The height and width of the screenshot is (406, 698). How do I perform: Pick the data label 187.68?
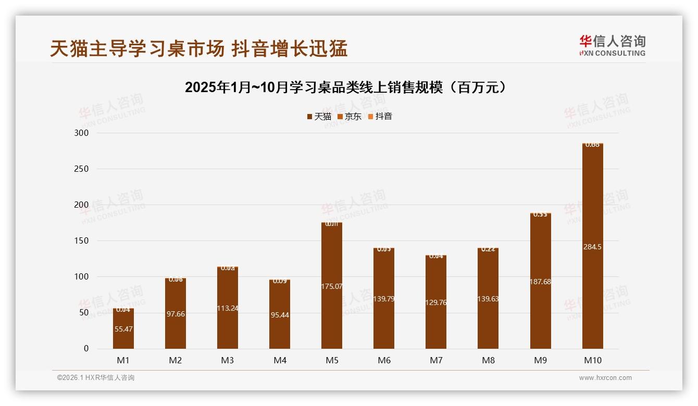(x=540, y=282)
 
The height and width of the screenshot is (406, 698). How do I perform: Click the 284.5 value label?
(x=592, y=247)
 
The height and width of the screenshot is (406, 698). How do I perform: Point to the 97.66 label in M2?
(x=176, y=314)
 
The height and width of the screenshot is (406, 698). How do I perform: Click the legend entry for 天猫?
(x=319, y=117)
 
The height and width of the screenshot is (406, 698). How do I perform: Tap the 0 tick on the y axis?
(x=86, y=349)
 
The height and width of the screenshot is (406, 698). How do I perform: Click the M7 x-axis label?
(x=436, y=360)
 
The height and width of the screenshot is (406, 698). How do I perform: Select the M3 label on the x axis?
(x=228, y=360)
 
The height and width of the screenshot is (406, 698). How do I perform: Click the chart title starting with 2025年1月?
(x=346, y=87)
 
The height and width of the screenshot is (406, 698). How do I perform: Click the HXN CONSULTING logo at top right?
(x=612, y=46)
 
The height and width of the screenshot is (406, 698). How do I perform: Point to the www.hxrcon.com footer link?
(x=605, y=378)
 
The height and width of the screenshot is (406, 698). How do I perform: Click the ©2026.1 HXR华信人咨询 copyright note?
(x=96, y=378)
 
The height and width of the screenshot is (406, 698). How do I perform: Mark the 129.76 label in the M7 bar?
(x=436, y=302)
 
